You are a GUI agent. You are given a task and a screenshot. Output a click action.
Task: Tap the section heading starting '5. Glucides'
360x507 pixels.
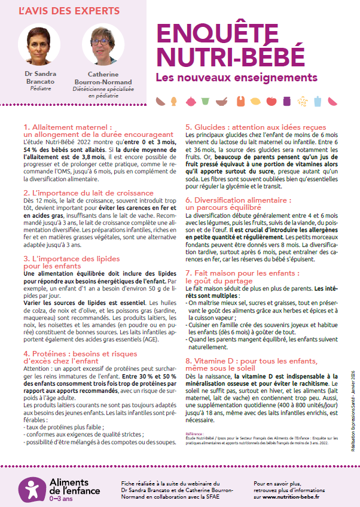(257, 127)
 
